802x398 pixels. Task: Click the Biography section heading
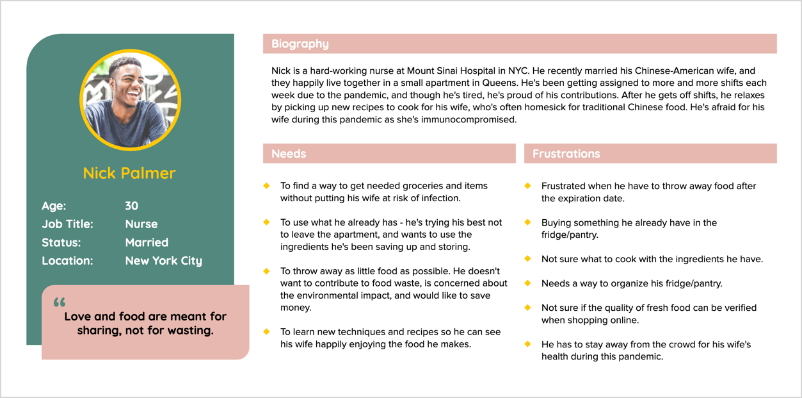click(x=300, y=44)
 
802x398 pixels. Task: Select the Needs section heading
click(x=289, y=154)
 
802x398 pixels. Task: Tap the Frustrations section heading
click(x=566, y=154)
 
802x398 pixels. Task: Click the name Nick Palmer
click(x=129, y=173)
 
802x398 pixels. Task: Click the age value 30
click(x=132, y=206)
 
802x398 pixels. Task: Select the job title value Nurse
click(x=141, y=224)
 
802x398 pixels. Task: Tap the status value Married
click(x=147, y=242)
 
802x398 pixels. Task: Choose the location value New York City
click(x=163, y=261)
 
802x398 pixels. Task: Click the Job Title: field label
click(x=67, y=224)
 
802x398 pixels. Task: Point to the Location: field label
click(x=67, y=261)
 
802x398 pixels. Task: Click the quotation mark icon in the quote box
click(x=60, y=303)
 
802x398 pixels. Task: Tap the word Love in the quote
click(x=77, y=317)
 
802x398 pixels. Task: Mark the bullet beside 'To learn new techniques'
click(x=266, y=331)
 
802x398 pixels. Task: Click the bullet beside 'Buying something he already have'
click(x=527, y=222)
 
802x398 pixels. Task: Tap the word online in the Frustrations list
click(x=624, y=320)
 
